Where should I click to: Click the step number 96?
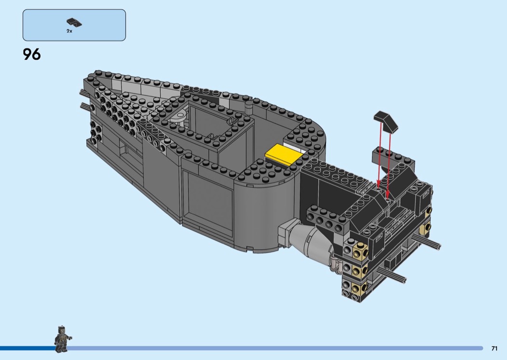click(x=32, y=55)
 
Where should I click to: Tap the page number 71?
click(x=494, y=348)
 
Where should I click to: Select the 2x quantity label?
click(x=69, y=31)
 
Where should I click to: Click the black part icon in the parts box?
click(x=74, y=23)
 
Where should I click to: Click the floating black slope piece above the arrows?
click(x=386, y=121)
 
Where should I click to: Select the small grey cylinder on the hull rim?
click(x=249, y=107)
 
